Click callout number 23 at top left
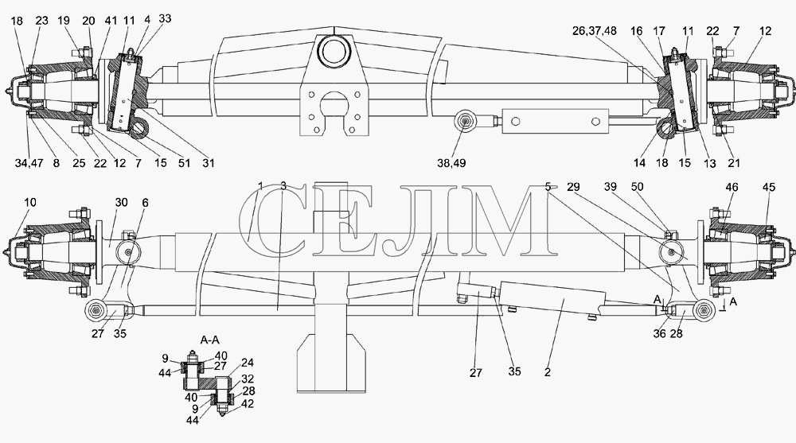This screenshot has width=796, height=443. pos(41,21)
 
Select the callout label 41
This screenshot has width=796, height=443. pos(111,21)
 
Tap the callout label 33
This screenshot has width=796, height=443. pos(165,18)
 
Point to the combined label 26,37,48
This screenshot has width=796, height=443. pos(594,31)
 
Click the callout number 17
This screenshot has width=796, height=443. pos(659,31)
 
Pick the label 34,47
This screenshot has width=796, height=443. pos(29,163)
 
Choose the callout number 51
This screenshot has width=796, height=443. pos(184,163)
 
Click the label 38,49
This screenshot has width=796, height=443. pos(451,163)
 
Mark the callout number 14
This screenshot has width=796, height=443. pos(639,163)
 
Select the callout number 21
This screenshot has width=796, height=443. pos(734,163)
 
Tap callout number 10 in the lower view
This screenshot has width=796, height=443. pos(30,202)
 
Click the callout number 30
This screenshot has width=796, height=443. pos(121,202)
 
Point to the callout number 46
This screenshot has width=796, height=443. pos(732,187)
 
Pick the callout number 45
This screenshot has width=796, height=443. pos(769,187)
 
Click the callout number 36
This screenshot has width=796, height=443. pos(659,333)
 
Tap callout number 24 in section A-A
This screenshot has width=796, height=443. pos(248,363)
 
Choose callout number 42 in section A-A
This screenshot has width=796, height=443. pos(248,404)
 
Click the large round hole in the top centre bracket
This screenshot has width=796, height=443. pos(334,52)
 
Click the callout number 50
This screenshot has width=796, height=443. pos(637,187)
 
